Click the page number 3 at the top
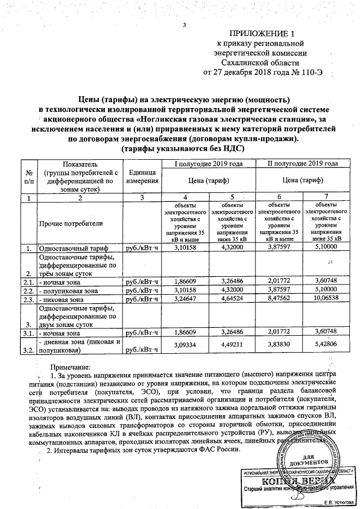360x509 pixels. click(x=183, y=24)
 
